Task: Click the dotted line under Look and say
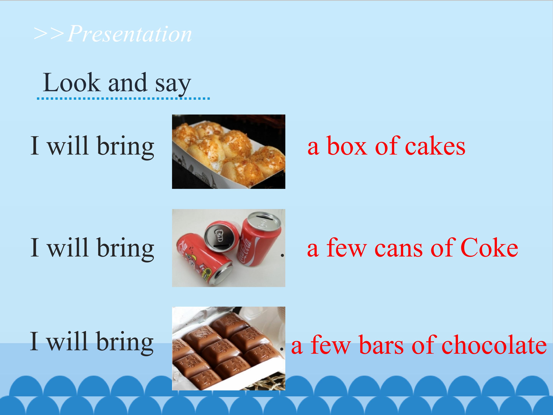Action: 123,99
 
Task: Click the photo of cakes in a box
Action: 228,152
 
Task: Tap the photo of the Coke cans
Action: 228,248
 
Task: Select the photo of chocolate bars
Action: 228,349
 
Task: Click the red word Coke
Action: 489,248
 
